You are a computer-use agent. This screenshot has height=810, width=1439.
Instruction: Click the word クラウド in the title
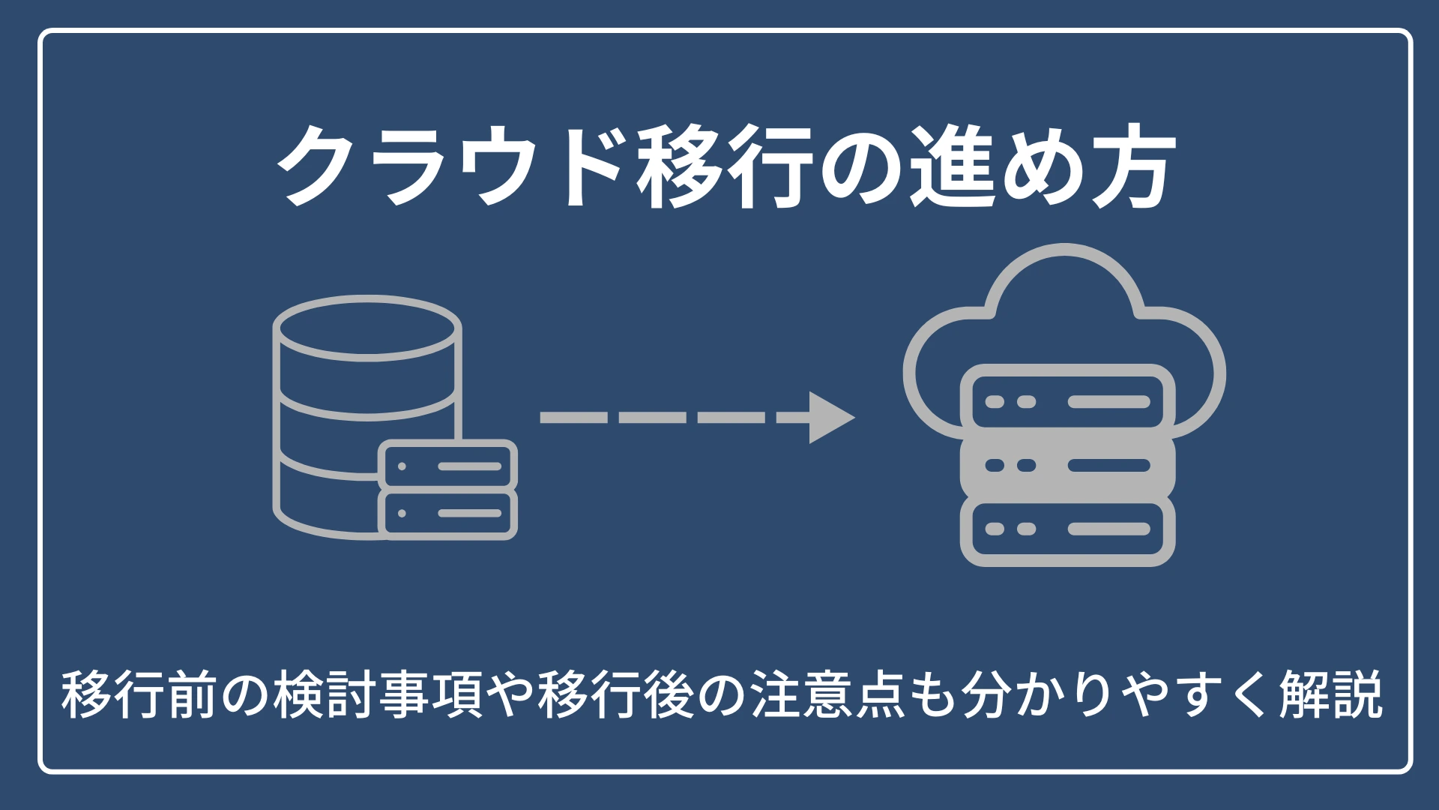click(450, 166)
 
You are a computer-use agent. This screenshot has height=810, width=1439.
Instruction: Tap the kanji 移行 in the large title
click(725, 166)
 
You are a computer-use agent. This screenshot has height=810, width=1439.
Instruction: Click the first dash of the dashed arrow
click(573, 418)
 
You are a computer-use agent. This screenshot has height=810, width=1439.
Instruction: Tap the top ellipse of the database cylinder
click(366, 328)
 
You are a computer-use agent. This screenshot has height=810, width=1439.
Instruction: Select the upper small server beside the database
click(448, 466)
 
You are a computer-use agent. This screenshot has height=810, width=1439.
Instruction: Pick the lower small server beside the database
click(448, 514)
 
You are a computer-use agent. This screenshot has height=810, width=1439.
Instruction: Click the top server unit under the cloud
click(1067, 402)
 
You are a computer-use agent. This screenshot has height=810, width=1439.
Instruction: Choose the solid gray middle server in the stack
click(1067, 466)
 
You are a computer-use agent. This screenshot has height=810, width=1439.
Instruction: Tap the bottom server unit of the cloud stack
click(1067, 529)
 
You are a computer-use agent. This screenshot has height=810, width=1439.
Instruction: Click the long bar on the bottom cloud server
click(1108, 529)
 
